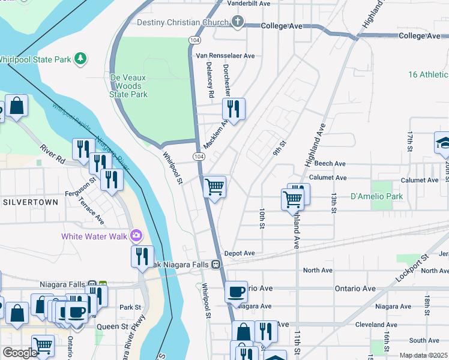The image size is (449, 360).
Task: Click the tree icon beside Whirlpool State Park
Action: tap(79, 59)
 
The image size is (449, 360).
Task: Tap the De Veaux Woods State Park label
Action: tap(129, 86)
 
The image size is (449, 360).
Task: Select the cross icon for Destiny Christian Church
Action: tap(238, 23)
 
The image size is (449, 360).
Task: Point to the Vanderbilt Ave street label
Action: tap(249, 3)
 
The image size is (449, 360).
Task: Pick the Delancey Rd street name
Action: tap(211, 83)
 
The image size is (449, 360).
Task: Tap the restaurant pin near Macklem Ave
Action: tap(233, 109)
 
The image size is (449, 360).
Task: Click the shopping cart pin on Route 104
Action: tap(214, 187)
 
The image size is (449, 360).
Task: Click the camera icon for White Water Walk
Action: tap(137, 236)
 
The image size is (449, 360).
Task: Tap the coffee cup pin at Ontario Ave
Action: tap(236, 291)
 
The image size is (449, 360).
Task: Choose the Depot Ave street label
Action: tap(240, 254)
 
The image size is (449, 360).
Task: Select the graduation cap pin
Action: tap(443, 143)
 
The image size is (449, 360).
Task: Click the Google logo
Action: tap(19, 353)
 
